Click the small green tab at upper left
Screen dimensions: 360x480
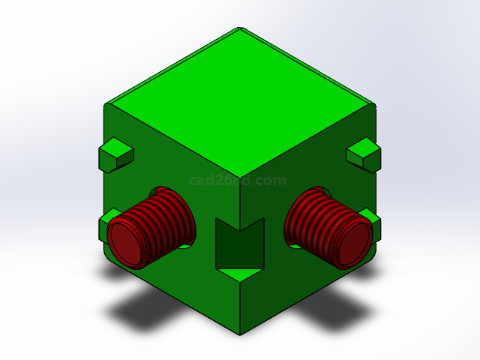click(115, 154)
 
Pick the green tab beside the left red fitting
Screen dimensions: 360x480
click(105, 225)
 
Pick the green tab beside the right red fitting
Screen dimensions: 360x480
click(369, 219)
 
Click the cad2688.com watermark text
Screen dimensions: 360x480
click(238, 181)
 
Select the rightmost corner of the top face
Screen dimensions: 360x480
click(373, 104)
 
